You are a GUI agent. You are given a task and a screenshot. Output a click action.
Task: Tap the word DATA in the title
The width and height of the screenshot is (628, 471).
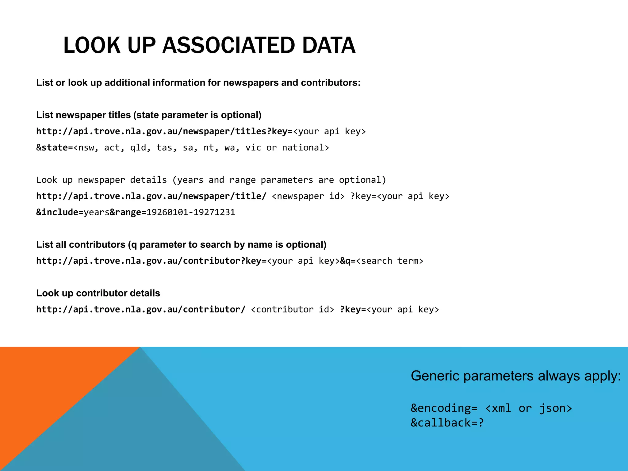(x=329, y=45)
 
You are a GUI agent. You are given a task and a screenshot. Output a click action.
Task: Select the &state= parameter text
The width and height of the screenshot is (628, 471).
(x=55, y=148)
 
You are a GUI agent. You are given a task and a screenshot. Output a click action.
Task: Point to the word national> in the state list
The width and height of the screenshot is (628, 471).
(x=305, y=148)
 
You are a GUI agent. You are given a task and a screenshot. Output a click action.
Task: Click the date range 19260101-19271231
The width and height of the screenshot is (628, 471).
(x=191, y=213)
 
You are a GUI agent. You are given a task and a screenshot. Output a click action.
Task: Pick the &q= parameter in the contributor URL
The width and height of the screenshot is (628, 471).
(x=348, y=261)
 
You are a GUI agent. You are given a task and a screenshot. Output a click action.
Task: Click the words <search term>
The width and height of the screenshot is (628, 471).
(x=389, y=261)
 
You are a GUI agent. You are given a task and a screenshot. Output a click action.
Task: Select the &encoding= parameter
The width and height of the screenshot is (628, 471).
(x=444, y=408)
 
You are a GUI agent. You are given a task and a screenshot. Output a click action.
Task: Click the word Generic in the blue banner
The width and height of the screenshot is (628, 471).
(x=435, y=376)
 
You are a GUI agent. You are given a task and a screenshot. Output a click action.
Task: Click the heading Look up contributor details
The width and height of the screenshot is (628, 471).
(x=98, y=293)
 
